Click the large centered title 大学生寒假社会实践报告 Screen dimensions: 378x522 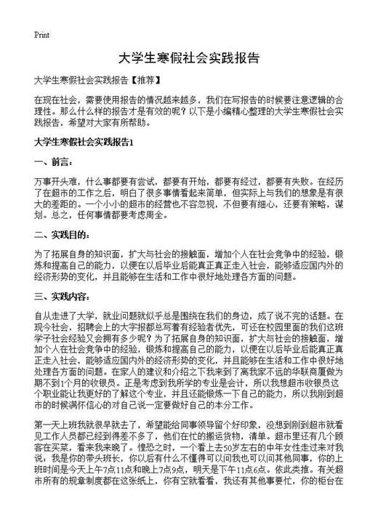188,57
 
